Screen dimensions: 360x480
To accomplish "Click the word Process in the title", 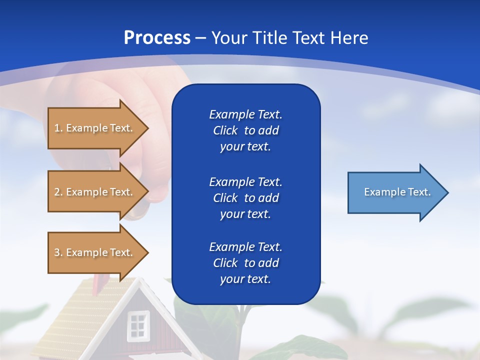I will (157, 38).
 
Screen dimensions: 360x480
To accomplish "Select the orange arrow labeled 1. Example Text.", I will (95, 128).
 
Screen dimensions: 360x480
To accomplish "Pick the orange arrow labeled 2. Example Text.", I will (95, 192).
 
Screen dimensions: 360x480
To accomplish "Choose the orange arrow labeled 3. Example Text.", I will (95, 252).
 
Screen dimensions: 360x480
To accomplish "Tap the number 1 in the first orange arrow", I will (57, 128).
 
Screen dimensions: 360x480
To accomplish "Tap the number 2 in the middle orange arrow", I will (57, 192).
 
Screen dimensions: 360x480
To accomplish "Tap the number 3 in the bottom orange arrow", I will (57, 252).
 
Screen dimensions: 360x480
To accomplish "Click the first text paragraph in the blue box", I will (245, 130).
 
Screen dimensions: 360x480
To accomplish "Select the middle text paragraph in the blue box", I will (245, 198).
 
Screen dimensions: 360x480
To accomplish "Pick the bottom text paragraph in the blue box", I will (245, 263).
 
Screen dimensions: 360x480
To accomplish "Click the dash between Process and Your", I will (201, 38).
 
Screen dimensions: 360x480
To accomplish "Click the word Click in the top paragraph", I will (225, 130).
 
